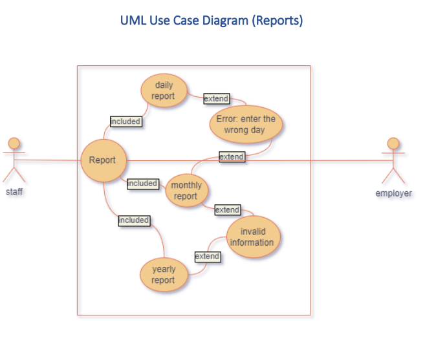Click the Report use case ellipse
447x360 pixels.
(x=103, y=160)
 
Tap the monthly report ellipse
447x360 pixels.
(x=186, y=191)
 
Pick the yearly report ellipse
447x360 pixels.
(x=163, y=275)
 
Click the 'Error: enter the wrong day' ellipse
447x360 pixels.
(x=245, y=124)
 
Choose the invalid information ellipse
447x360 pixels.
(x=252, y=237)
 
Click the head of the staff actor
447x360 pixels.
(x=14, y=143)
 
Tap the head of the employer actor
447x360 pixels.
(x=393, y=143)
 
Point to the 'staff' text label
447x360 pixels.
(x=14, y=192)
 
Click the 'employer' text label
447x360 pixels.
(x=393, y=193)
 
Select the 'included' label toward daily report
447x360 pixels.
(x=125, y=121)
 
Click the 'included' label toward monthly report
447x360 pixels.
(x=142, y=184)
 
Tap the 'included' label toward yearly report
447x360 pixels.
(x=134, y=220)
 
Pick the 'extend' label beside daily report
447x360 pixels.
(x=216, y=99)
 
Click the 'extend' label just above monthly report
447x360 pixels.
(x=232, y=156)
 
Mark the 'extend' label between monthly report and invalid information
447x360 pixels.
(x=227, y=209)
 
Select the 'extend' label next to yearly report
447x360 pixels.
(x=207, y=257)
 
